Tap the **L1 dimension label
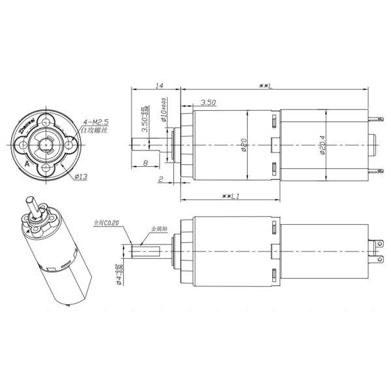coord(231,195)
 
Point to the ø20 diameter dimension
coord(242,145)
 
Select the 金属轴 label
coord(160,229)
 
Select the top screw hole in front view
coord(46,119)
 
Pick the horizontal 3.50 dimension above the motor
coord(209,103)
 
